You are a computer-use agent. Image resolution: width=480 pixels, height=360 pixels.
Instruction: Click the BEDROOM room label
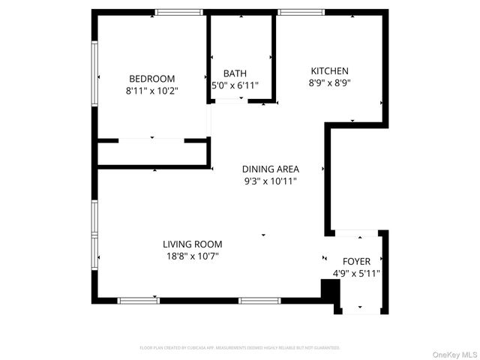(x=152, y=79)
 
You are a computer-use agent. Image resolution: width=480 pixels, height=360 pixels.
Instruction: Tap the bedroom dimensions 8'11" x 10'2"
(x=152, y=91)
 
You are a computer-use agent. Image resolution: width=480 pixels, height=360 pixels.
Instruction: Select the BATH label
(x=235, y=73)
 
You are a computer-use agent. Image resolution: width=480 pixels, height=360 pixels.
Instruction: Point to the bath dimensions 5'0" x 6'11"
(x=235, y=85)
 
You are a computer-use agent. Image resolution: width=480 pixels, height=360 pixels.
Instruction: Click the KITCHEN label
(x=330, y=71)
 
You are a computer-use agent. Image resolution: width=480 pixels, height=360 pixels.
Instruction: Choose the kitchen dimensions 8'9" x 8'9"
(x=330, y=83)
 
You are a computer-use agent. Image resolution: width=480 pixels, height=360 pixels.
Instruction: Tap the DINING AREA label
(x=271, y=169)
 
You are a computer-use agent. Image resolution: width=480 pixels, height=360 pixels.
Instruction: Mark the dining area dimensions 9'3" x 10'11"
(x=271, y=181)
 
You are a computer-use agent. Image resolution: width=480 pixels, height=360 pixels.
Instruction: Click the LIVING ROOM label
(x=193, y=244)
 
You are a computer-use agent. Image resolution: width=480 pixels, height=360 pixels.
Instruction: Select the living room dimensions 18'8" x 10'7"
(x=193, y=256)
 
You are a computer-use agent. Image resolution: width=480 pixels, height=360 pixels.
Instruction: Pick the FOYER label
(x=356, y=262)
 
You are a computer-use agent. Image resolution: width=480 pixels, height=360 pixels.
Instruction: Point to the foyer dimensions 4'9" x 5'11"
(x=356, y=274)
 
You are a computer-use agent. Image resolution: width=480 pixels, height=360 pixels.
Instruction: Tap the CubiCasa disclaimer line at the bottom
(x=240, y=348)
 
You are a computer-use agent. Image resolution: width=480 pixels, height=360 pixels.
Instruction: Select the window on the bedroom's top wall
(x=179, y=12)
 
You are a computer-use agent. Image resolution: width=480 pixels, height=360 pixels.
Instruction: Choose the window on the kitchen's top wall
(x=301, y=12)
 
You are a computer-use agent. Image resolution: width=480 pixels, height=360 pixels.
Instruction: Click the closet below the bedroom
(x=153, y=153)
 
